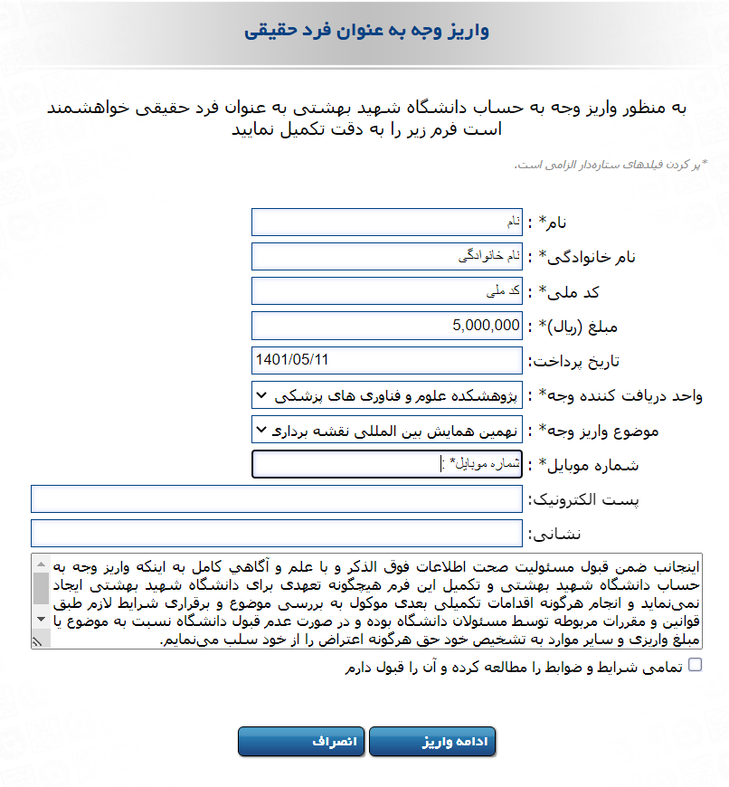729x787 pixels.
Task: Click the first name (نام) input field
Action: (387, 222)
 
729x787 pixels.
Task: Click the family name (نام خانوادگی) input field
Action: (387, 257)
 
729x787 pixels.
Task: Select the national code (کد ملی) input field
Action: (387, 291)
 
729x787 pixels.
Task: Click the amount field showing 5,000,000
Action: (387, 326)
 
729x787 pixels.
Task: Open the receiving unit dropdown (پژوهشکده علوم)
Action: (387, 395)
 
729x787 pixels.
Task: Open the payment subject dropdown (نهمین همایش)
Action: (387, 430)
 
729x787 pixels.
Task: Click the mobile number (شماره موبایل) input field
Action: (387, 464)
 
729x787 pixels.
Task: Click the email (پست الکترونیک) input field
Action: (277, 498)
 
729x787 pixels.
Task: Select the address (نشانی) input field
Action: (277, 533)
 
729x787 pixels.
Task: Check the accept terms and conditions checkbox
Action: (695, 666)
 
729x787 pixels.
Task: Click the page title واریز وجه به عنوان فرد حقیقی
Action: (366, 32)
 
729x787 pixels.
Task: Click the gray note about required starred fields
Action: (611, 165)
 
